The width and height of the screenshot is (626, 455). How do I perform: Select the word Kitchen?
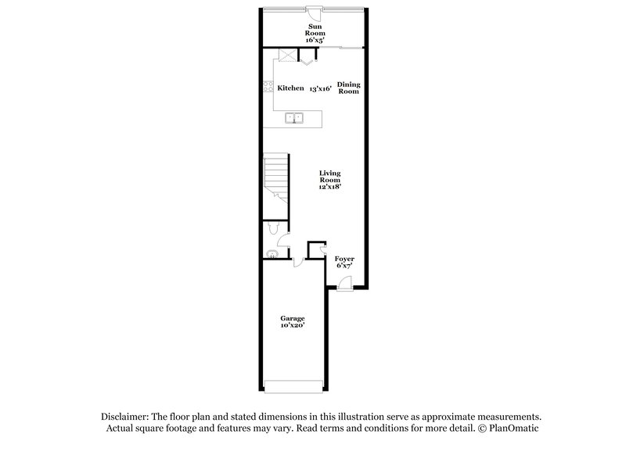(x=290, y=88)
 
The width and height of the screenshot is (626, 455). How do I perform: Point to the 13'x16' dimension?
(x=321, y=88)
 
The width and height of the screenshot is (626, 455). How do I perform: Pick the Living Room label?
(x=329, y=177)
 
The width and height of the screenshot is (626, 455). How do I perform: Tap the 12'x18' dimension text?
(x=329, y=188)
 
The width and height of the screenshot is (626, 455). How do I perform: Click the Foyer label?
(x=344, y=259)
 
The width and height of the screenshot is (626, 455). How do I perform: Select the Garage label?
(x=292, y=318)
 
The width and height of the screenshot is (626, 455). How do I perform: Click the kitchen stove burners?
(x=268, y=88)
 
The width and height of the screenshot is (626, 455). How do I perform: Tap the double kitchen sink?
(x=295, y=120)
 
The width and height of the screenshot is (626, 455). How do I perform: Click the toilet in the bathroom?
(x=270, y=227)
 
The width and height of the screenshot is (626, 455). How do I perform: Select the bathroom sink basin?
(x=272, y=253)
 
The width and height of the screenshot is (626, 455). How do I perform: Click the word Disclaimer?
(x=123, y=417)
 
